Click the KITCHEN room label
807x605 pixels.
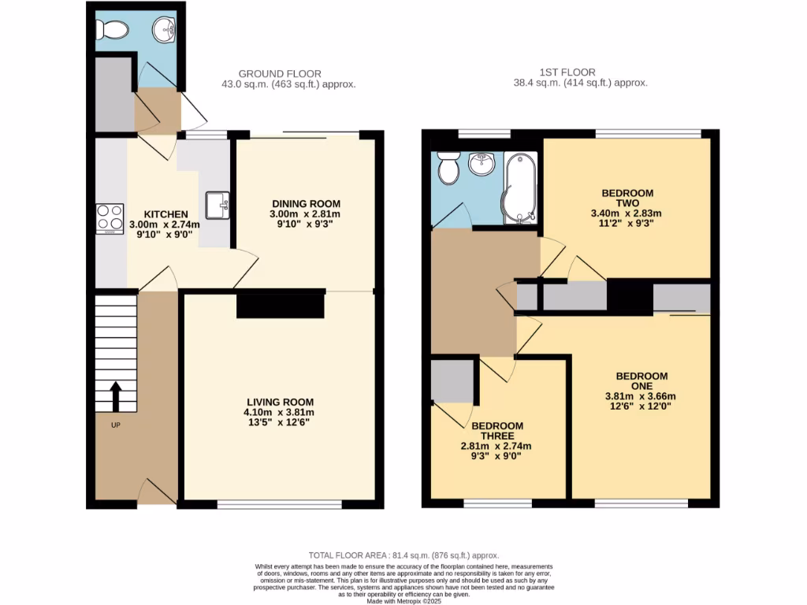click(165, 214)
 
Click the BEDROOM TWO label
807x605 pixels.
click(627, 198)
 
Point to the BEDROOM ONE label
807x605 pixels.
click(642, 381)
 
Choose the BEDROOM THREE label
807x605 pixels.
click(497, 431)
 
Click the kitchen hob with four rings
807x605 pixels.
click(110, 218)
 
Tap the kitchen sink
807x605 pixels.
click(218, 206)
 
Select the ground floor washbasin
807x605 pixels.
click(165, 31)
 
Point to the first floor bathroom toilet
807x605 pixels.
click(448, 168)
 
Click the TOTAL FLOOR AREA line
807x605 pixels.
click(403, 555)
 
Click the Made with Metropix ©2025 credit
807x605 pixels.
click(403, 602)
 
